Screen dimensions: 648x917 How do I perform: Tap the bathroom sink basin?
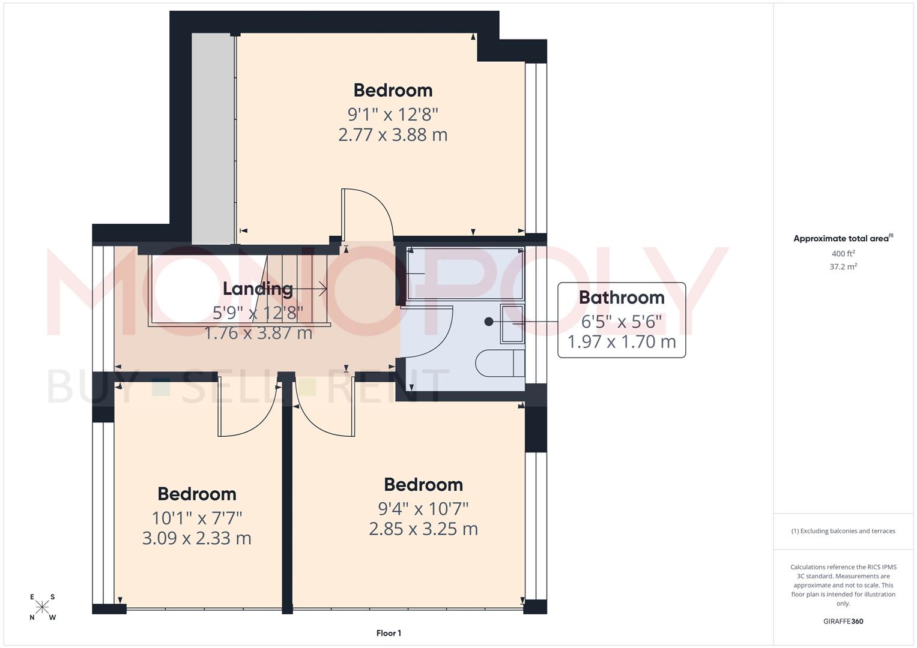point(512,323)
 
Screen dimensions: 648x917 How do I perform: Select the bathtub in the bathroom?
point(465,274)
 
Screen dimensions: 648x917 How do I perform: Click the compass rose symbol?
point(42,607)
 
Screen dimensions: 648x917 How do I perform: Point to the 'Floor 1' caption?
point(389,633)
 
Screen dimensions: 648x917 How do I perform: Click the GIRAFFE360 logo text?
point(843,621)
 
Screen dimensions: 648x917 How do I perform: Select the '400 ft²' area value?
point(843,254)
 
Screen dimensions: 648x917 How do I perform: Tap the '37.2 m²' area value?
point(843,267)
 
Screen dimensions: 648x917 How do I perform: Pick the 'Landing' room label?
point(258,289)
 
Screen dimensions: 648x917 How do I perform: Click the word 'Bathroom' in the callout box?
point(622,298)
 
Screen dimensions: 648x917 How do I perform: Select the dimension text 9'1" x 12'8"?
point(393,114)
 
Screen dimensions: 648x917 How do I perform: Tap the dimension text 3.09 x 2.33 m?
point(196,538)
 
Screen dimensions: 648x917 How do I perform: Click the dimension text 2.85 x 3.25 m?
point(423,529)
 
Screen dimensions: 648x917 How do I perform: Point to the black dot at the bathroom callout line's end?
point(489,322)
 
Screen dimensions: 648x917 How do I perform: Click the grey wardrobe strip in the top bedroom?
point(213,138)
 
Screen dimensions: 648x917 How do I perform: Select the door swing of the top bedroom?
point(368,213)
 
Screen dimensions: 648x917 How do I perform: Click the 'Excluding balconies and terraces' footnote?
point(843,531)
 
